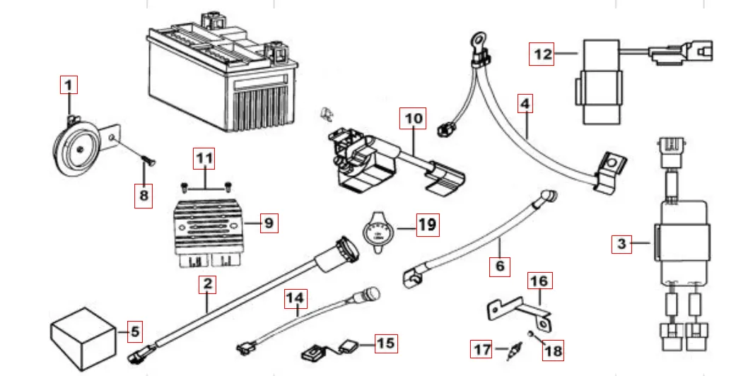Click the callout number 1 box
point(68,86)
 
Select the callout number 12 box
point(542,54)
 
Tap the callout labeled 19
point(427,225)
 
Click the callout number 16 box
point(539,281)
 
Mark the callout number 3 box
point(621,245)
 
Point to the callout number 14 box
point(297,299)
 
